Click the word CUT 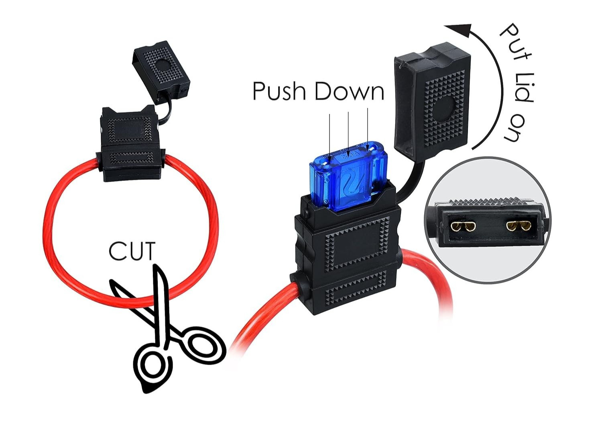tap(132, 251)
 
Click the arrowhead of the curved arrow tap(460, 30)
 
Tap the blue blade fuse tap(348, 177)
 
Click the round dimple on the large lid tap(444, 107)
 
